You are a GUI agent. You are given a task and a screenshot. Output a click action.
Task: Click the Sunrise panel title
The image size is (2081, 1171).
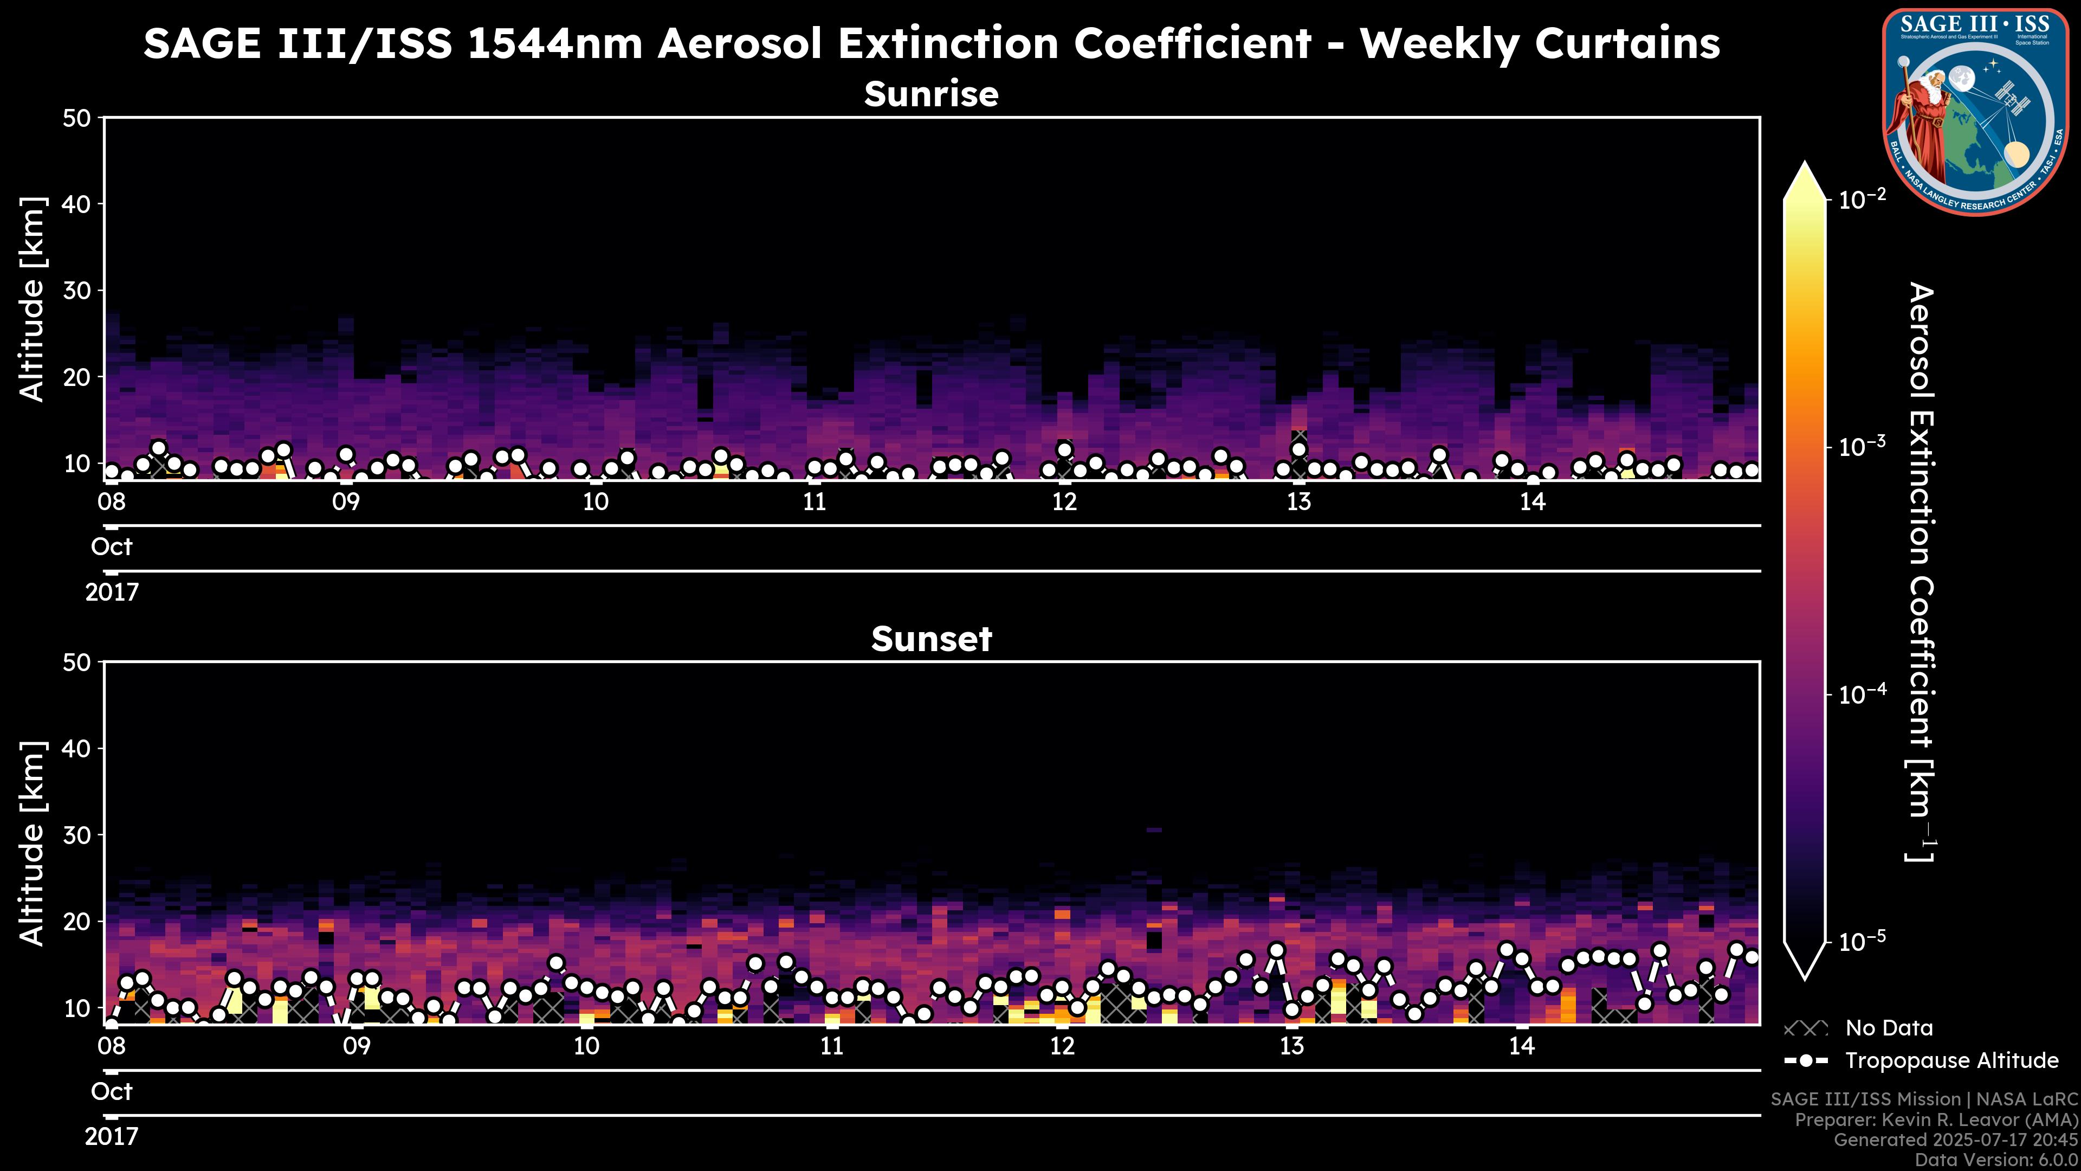pos(932,94)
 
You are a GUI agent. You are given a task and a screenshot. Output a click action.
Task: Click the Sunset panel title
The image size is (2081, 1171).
pos(932,639)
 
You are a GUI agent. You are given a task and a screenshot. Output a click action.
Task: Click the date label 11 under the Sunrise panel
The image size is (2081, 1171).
pos(815,502)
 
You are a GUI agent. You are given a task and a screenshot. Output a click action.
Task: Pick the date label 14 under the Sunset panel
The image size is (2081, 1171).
pos(1521,1046)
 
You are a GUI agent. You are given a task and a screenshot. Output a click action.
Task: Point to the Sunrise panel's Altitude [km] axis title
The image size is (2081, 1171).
pos(33,299)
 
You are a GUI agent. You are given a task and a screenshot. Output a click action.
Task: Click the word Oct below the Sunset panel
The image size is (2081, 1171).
pos(112,1092)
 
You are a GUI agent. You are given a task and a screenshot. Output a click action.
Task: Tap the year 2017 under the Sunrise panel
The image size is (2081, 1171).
pos(112,593)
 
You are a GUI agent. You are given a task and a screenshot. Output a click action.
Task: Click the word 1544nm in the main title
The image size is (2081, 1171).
pos(555,43)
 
